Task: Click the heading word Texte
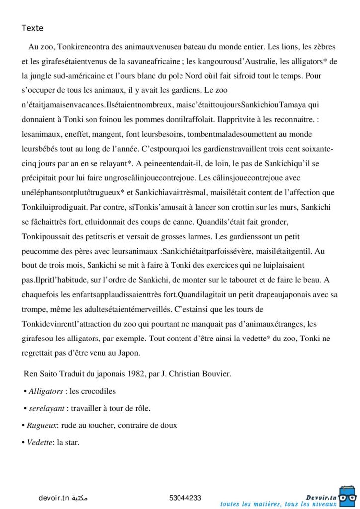[x=32, y=28]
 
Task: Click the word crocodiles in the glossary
[x=99, y=391]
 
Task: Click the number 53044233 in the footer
[x=185, y=497]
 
